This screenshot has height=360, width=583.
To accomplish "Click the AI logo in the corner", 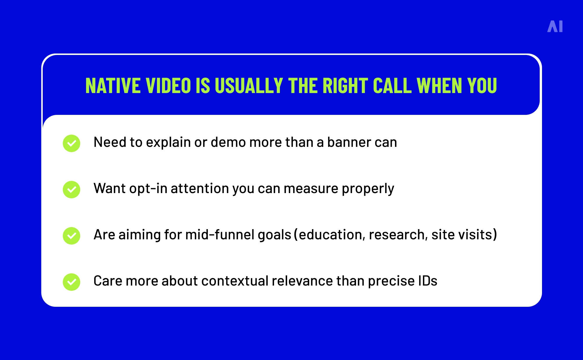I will coord(555,26).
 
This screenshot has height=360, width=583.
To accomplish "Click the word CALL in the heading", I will coord(392,86).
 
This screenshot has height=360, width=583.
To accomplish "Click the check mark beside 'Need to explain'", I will coord(71,143).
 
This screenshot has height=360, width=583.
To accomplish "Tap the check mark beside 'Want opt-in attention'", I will coord(71,189).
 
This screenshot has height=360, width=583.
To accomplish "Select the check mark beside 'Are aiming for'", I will coord(71,236).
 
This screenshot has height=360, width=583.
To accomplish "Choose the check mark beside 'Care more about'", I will coord(71,282).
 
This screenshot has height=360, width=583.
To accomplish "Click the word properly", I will coord(368,189).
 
